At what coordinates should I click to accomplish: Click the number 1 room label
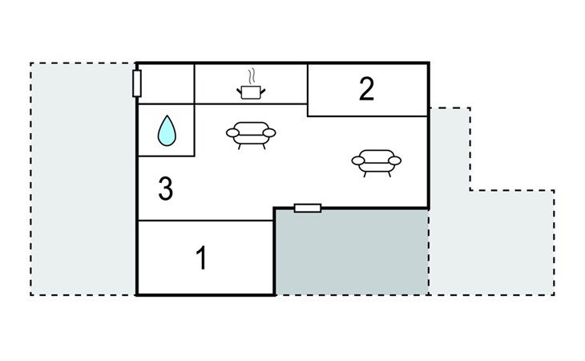(x=201, y=258)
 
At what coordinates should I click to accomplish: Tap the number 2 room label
(x=366, y=89)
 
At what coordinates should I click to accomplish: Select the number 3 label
(x=166, y=189)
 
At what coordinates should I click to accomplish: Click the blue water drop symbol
(x=167, y=130)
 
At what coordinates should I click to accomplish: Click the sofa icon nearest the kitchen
(x=251, y=135)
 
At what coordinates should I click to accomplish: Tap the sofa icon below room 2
(x=377, y=163)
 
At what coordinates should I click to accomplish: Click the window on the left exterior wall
(x=137, y=83)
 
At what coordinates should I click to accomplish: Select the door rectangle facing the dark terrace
(x=308, y=208)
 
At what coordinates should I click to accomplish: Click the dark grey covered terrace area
(x=352, y=252)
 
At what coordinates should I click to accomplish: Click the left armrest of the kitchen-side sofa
(x=232, y=133)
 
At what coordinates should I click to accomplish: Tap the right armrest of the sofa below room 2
(x=395, y=160)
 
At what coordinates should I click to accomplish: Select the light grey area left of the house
(x=83, y=179)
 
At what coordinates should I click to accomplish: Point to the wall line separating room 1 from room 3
(x=206, y=221)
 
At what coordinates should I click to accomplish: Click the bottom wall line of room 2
(x=368, y=116)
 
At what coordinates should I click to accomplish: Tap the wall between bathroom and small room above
(x=167, y=103)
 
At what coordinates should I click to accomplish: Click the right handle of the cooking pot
(x=262, y=91)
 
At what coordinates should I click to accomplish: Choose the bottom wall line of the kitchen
(x=251, y=103)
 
